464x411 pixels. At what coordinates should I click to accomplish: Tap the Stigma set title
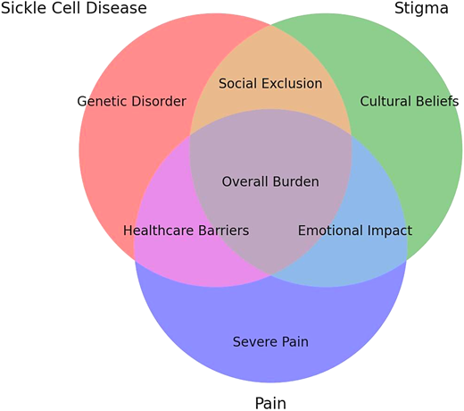coord(421,9)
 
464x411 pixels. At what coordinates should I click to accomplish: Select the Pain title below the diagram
coord(270,403)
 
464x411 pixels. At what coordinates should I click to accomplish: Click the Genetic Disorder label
coord(131,101)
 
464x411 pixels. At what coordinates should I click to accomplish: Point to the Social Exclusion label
coord(270,83)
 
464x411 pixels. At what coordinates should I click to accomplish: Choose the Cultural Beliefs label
coord(409,101)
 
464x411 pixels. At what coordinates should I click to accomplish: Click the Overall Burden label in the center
coord(270,181)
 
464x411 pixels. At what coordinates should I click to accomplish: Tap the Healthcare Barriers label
coord(186,231)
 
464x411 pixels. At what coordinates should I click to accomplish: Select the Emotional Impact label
coord(355,231)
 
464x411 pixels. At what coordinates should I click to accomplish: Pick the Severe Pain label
coord(270,341)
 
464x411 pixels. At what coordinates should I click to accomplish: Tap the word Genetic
coord(104,101)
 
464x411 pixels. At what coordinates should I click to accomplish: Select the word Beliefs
coord(435,101)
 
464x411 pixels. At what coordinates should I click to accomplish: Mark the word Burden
coord(295,181)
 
